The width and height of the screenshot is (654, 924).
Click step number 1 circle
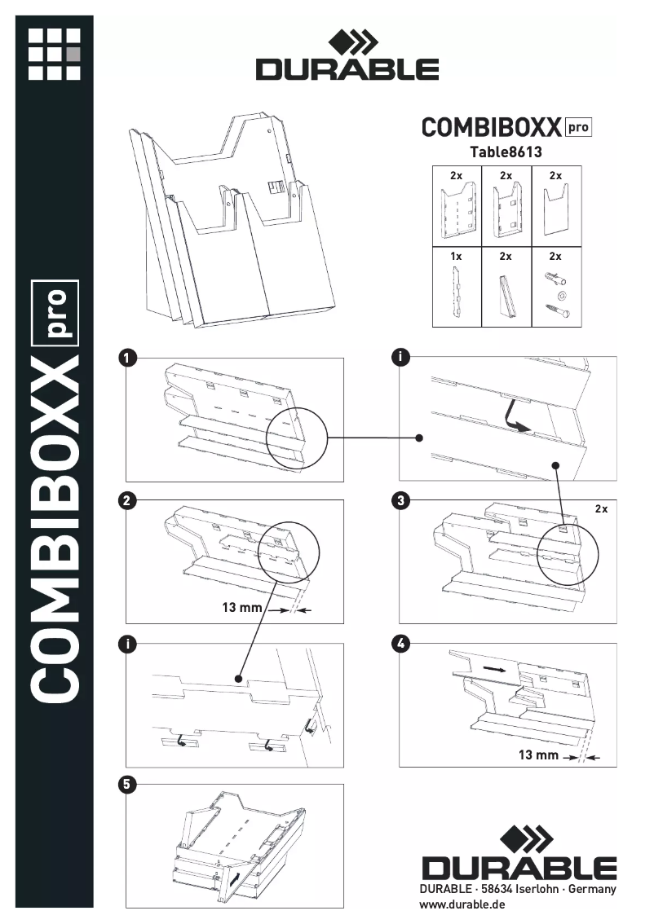point(127,357)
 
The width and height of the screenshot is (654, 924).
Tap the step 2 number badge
point(127,500)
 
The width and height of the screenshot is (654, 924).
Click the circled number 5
point(127,785)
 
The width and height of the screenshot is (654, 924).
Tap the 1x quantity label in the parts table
point(456,256)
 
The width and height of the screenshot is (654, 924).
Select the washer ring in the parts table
point(559,293)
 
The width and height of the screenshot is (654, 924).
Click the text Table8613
point(506,152)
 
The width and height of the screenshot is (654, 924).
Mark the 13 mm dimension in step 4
point(538,755)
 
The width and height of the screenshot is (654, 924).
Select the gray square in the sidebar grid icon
point(73,55)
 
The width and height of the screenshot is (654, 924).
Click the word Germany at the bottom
point(594,889)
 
